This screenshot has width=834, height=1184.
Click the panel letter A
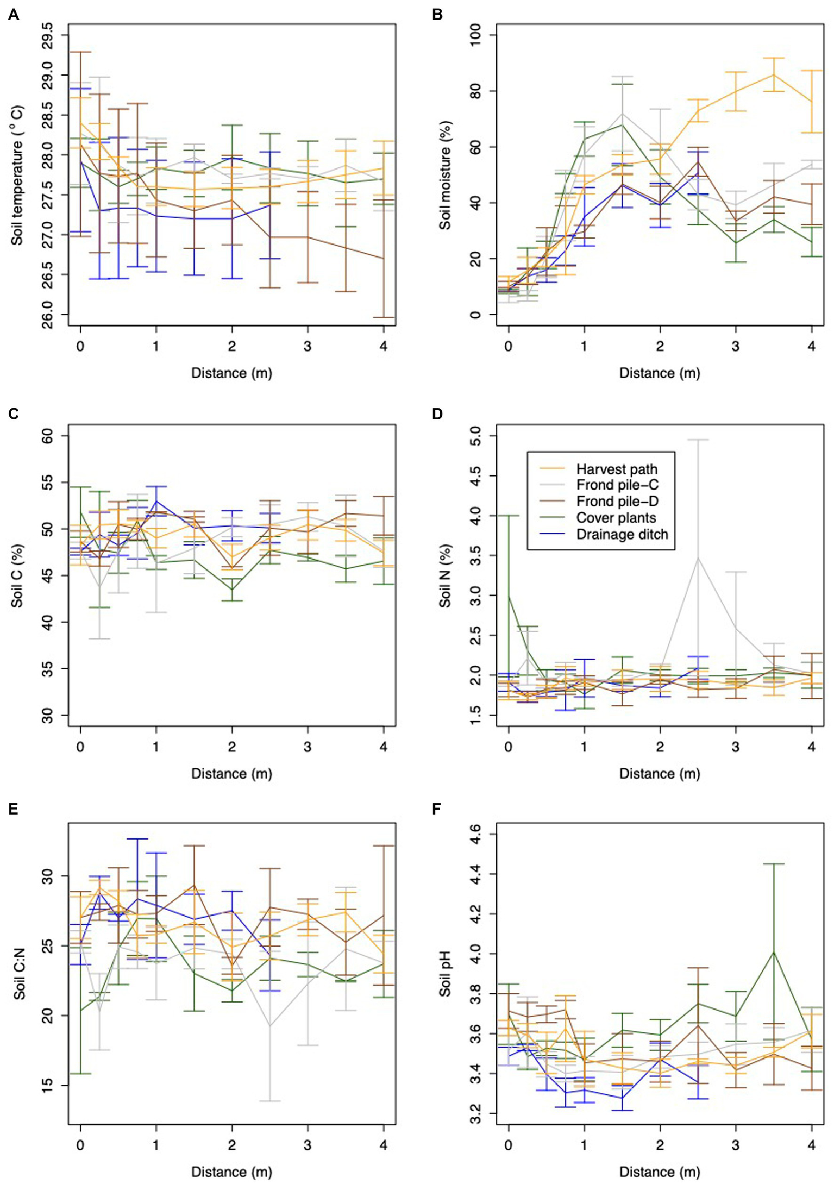(x=14, y=15)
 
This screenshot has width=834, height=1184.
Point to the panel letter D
(x=437, y=414)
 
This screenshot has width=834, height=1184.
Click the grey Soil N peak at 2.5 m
(x=698, y=558)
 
